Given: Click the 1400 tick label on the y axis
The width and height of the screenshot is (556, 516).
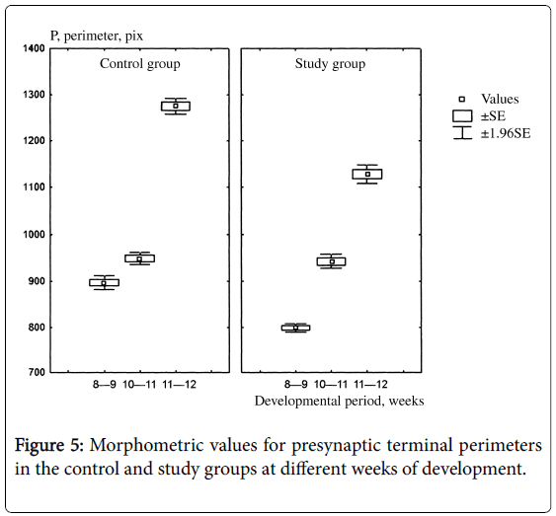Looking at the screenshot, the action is (x=34, y=48).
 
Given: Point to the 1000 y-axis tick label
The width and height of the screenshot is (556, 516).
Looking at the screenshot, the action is (x=34, y=235).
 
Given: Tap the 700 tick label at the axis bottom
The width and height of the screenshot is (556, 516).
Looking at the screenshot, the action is (x=36, y=372).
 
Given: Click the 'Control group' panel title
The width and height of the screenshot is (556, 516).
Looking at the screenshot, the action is (x=139, y=64).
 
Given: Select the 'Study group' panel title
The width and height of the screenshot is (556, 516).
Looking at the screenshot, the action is (x=330, y=64).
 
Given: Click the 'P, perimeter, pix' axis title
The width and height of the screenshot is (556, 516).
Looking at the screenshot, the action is (x=97, y=36).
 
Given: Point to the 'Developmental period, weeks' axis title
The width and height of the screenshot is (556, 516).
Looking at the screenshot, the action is (x=340, y=401).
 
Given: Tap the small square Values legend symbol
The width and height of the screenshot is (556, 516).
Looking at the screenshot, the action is (x=461, y=100).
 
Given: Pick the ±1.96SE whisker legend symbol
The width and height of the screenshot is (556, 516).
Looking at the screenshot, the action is (x=462, y=133).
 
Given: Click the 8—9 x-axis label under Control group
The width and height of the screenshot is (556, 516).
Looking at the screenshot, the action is (x=105, y=384).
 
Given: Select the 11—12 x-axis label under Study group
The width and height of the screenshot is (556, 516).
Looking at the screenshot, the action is (x=370, y=384).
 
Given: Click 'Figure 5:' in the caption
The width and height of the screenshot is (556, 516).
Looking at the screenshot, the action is (x=48, y=445).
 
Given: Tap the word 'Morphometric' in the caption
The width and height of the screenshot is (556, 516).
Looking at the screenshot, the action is (x=147, y=445).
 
